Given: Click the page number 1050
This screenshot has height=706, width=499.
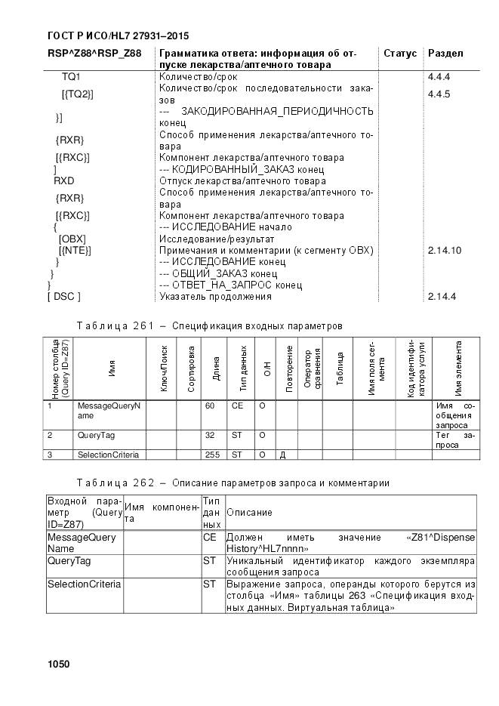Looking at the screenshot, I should (x=58, y=664).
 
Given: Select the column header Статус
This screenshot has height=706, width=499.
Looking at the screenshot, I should (x=400, y=54).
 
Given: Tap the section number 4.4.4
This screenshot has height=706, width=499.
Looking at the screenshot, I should (x=439, y=77).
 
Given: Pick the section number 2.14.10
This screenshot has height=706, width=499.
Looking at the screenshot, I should (x=444, y=250).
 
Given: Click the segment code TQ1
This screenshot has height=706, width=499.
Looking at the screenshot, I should (x=71, y=77).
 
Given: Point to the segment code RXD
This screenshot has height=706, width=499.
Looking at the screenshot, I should (x=63, y=181).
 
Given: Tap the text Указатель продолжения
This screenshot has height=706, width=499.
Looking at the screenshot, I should (x=215, y=297).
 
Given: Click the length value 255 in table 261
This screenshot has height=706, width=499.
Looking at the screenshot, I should (x=212, y=455).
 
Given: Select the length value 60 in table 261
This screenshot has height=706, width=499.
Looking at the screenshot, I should (x=209, y=406).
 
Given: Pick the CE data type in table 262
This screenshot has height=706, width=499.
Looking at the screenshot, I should (x=209, y=537).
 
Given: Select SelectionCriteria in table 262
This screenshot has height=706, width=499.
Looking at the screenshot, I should (x=83, y=584).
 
